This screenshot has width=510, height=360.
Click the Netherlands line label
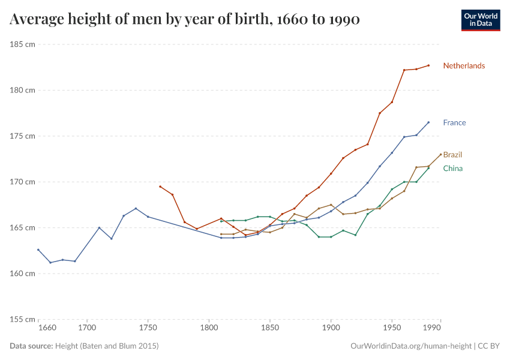tap(464, 66)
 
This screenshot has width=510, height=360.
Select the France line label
tap(454, 123)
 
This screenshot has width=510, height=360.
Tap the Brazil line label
tap(452, 155)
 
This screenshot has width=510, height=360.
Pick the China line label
tap(452, 169)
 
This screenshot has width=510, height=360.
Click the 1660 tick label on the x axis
tap(47, 328)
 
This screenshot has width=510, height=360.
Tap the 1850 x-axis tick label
tap(270, 328)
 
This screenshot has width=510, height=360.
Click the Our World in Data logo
tap(480, 20)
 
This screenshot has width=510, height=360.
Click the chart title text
tap(185, 20)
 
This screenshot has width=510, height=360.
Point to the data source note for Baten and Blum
tap(84, 346)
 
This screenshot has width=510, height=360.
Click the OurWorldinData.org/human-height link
tap(411, 346)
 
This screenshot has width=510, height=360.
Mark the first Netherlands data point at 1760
tap(160, 187)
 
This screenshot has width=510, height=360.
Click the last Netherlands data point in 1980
tap(428, 65)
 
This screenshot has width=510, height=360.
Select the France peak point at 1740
tap(136, 208)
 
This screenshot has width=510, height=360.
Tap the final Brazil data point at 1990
tap(441, 154)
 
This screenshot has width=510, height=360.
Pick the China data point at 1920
tap(355, 235)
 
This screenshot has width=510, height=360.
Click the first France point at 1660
tap(38, 250)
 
